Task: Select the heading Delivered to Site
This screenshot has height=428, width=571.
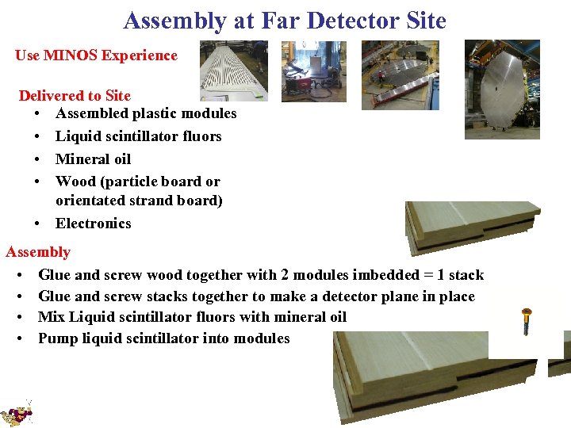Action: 75,96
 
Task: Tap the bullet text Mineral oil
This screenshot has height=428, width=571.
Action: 93,159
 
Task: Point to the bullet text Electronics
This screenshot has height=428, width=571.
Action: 93,224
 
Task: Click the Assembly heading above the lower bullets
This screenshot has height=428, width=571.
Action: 38,252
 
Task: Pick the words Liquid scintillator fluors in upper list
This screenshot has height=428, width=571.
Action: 138,136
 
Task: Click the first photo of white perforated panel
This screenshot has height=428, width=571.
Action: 233,71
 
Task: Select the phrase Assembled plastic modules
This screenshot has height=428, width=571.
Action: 146,113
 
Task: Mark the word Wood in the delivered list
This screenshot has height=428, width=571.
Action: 74,182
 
